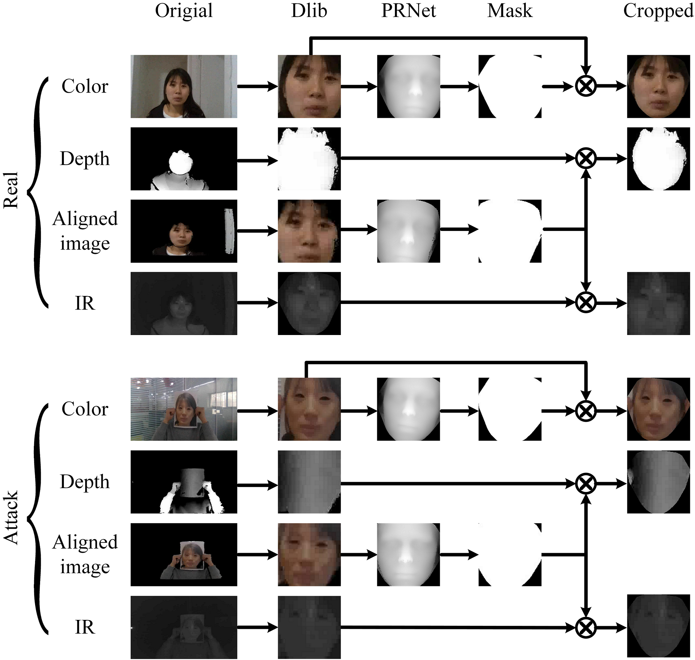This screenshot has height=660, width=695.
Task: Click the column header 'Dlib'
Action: [309, 11]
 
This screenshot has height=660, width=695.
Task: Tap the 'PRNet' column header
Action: [408, 11]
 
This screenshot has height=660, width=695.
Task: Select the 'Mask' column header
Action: [510, 11]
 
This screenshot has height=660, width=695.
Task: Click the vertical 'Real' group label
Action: [11, 190]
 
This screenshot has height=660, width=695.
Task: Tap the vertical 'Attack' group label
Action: [11, 517]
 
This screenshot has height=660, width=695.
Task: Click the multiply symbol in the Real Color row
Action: [586, 86]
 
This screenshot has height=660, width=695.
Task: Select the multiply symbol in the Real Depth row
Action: [586, 159]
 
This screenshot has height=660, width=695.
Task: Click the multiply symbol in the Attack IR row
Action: [586, 627]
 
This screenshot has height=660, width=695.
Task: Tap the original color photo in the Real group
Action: [184, 86]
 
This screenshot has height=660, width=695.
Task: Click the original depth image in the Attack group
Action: [184, 482]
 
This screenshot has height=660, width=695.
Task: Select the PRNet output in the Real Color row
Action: [408, 86]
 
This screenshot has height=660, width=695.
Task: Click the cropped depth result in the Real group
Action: [658, 159]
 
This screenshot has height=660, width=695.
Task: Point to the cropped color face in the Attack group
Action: [658, 409]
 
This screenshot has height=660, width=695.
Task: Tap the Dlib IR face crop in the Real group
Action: [309, 303]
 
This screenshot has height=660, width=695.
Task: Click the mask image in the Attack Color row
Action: [510, 409]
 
